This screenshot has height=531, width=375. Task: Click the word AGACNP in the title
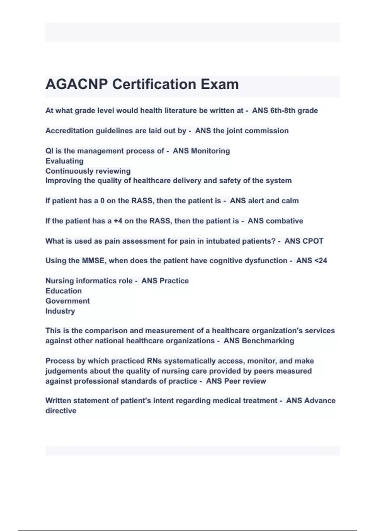(77, 84)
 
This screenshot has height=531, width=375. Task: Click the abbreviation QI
(49, 151)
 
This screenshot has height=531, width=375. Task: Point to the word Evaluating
(64, 161)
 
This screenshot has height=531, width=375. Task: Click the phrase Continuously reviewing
(88, 171)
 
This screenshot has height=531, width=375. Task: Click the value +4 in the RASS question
(118, 221)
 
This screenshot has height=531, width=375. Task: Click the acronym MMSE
(93, 261)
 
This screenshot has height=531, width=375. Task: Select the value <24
(320, 261)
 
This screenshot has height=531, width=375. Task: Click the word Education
(63, 291)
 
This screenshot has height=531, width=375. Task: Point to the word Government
(67, 301)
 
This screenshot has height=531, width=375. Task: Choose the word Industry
(60, 311)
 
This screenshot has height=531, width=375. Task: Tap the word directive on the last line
(61, 411)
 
